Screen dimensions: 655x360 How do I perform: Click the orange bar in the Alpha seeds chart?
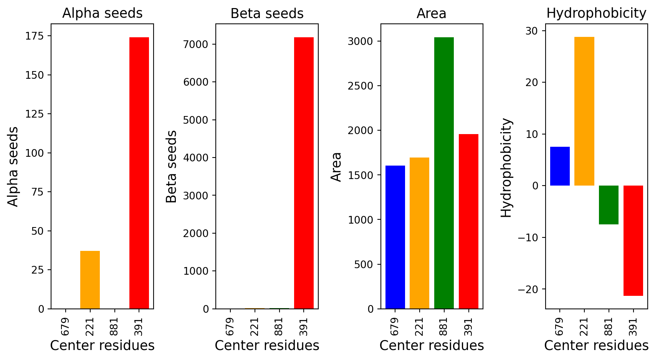[x=90, y=280]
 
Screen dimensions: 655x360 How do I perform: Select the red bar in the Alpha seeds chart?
[x=139, y=173]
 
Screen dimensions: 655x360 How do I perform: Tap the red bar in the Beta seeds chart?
[x=304, y=173]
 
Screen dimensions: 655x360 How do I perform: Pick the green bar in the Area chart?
[x=444, y=173]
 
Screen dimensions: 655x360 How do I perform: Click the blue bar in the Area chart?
[x=395, y=237]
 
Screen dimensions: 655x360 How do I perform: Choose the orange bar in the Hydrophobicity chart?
[x=584, y=111]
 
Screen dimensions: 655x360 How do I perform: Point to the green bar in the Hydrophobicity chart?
[x=609, y=205]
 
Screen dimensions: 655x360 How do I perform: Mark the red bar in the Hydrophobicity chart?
[x=633, y=241]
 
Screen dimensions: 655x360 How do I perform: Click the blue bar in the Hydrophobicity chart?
[x=560, y=166]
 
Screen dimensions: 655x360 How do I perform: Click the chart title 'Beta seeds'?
[x=267, y=13]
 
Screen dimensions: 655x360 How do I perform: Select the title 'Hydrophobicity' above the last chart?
[x=596, y=13]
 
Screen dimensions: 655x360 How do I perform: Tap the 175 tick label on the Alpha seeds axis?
[x=35, y=36]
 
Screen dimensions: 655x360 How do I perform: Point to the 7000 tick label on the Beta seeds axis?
[x=196, y=45]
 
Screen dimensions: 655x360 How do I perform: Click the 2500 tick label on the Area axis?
[x=360, y=86]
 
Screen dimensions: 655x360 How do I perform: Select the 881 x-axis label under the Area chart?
[x=443, y=327]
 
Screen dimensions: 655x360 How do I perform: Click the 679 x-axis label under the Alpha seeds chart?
[x=65, y=327]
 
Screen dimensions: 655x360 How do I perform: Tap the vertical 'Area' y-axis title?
[x=336, y=167]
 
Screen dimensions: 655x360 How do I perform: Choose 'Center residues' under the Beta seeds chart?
[x=267, y=346]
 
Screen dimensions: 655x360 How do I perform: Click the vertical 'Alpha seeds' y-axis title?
[x=13, y=167]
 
